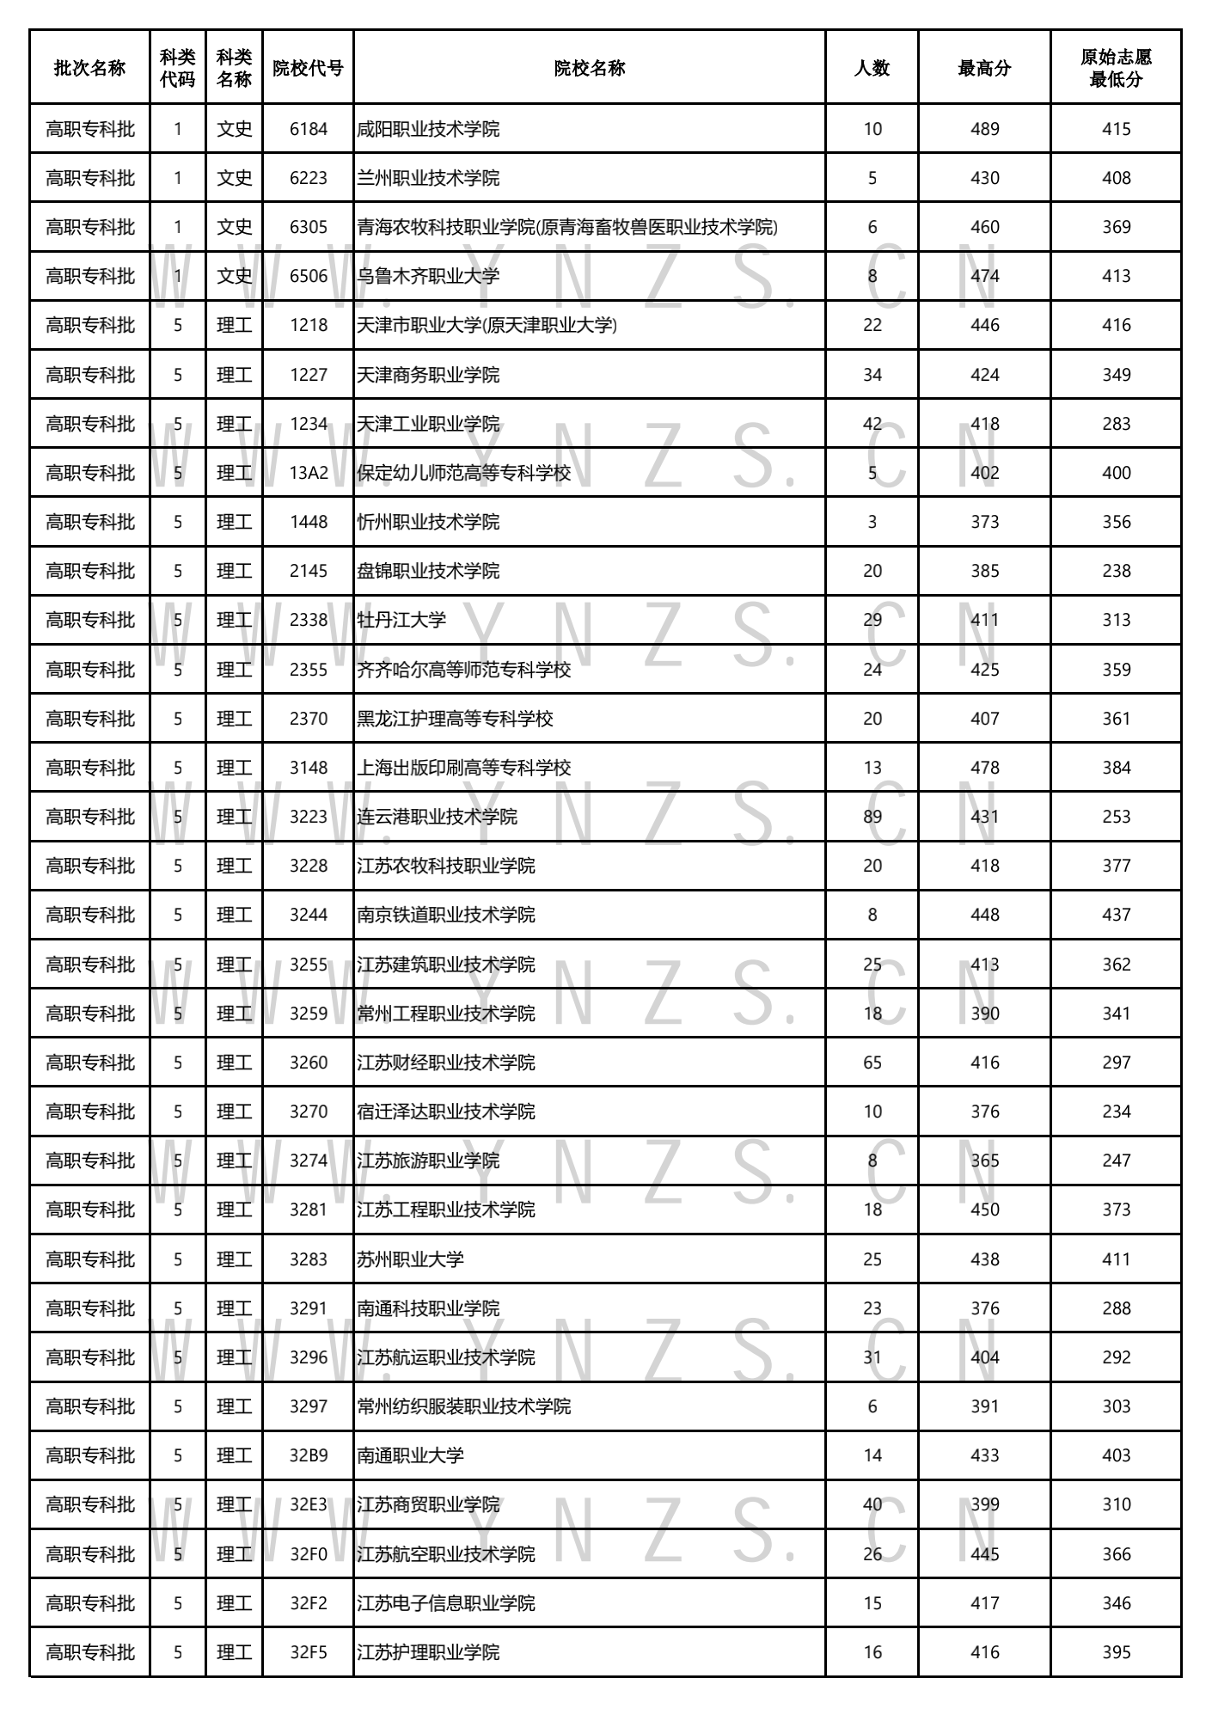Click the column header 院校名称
589,69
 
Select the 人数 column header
872,69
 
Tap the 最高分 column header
984,69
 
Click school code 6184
309,129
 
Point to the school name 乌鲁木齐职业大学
428,276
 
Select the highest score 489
984,129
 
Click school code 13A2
309,473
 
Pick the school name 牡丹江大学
401,620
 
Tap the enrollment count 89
872,817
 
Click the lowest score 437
1116,915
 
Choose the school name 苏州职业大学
410,1259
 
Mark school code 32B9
309,1455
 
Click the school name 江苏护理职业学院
428,1652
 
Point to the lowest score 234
1116,1112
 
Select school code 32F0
309,1554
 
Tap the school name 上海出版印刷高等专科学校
463,768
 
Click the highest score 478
984,768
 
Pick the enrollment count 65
872,1063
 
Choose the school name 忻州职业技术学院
428,522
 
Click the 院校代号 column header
308,69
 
